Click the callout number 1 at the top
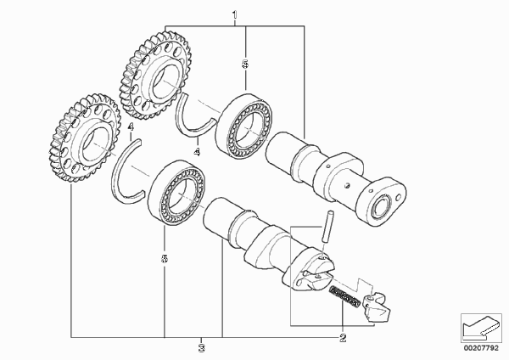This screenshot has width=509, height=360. [x=235, y=15]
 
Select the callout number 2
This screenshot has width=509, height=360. [x=343, y=338]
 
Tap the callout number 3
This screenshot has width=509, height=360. [x=202, y=348]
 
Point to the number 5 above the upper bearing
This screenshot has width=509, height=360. [x=245, y=64]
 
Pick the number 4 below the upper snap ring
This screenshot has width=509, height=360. [x=197, y=152]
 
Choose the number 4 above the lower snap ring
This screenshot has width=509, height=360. [x=131, y=127]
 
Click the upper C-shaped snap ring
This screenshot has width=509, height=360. [x=181, y=121]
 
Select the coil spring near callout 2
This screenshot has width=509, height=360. [x=345, y=296]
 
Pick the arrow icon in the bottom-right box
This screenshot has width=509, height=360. [x=480, y=327]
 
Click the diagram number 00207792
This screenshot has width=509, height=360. [x=481, y=348]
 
